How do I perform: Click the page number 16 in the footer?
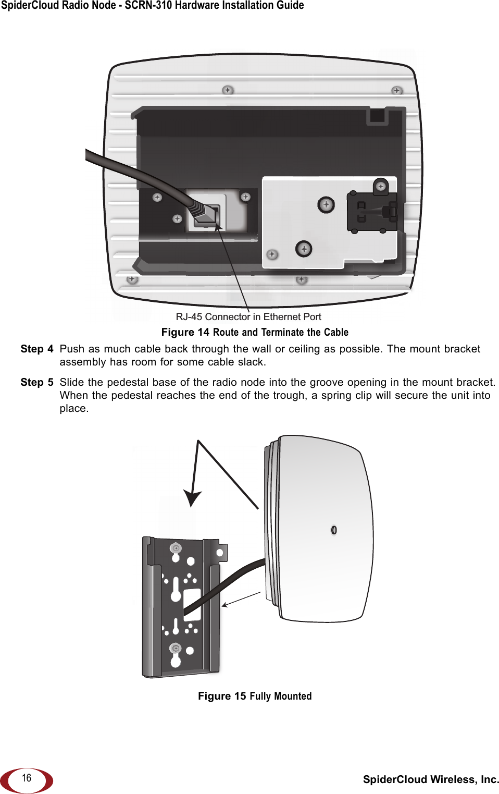(27, 778)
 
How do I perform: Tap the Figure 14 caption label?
(185, 332)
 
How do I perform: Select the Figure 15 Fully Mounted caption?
(255, 696)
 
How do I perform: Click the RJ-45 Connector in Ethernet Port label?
(248, 316)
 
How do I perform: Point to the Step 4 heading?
(36, 349)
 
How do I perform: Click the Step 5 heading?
(36, 382)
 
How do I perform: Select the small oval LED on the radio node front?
(334, 530)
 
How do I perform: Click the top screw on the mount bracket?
(176, 548)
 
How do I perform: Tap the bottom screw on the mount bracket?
(176, 649)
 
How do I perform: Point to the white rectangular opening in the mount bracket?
(192, 603)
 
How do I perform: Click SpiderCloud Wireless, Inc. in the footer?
(431, 779)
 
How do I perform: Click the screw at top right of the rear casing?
(397, 91)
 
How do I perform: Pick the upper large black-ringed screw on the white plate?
(326, 205)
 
